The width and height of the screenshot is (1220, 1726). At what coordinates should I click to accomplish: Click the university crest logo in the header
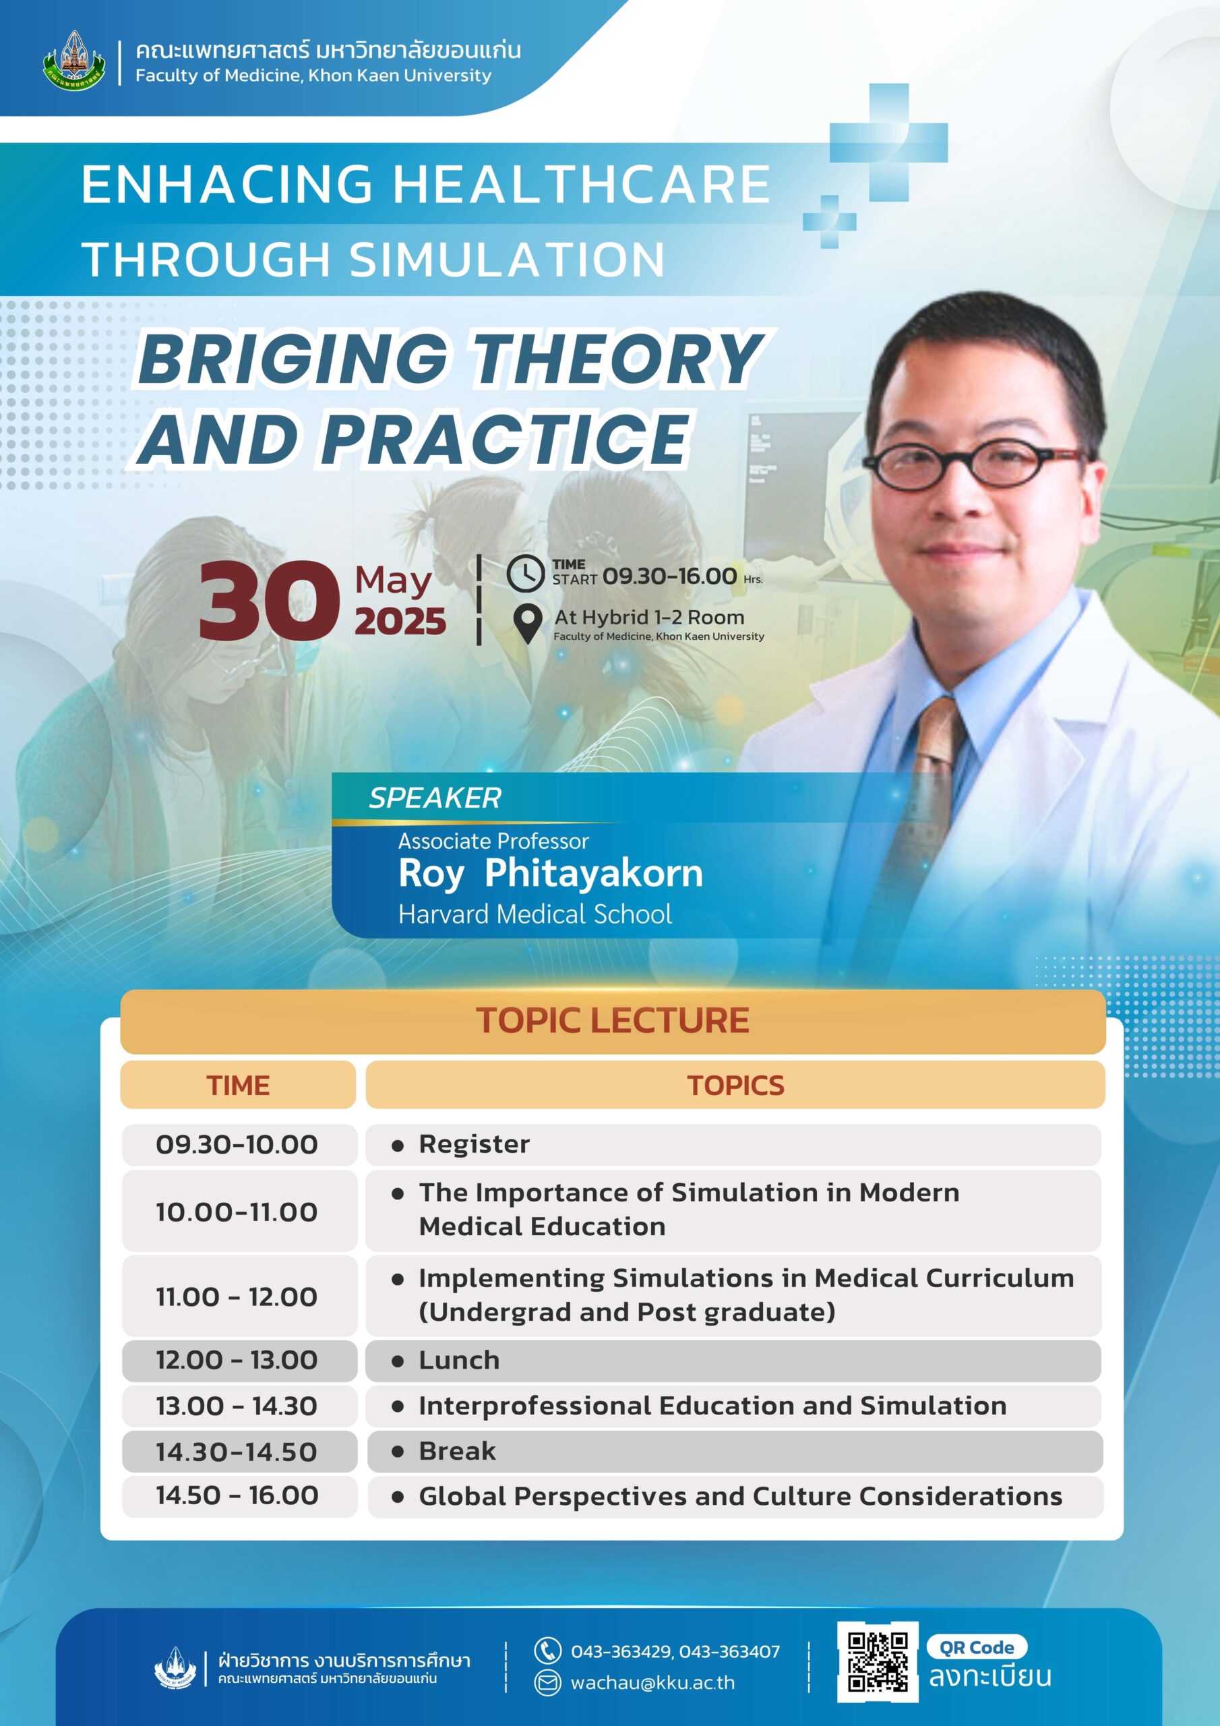click(x=73, y=60)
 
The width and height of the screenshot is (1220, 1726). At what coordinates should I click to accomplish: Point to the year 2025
click(x=400, y=622)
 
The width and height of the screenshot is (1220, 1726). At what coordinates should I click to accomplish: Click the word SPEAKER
click(x=435, y=798)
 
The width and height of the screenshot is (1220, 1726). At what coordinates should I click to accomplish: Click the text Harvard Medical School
click(x=535, y=914)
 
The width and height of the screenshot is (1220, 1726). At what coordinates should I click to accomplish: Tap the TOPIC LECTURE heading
click(x=613, y=1020)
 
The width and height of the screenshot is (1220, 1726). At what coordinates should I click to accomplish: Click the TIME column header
click(x=239, y=1085)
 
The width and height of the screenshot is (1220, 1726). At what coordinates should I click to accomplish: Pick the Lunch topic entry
click(x=458, y=1360)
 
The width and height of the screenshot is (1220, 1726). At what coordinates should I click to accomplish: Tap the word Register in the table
click(x=475, y=1144)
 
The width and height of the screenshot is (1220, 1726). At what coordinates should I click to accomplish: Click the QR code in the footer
click(x=878, y=1661)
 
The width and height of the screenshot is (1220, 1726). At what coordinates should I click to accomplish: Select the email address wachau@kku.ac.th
click(x=652, y=1682)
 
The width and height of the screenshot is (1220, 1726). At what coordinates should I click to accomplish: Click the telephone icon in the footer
click(x=547, y=1651)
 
